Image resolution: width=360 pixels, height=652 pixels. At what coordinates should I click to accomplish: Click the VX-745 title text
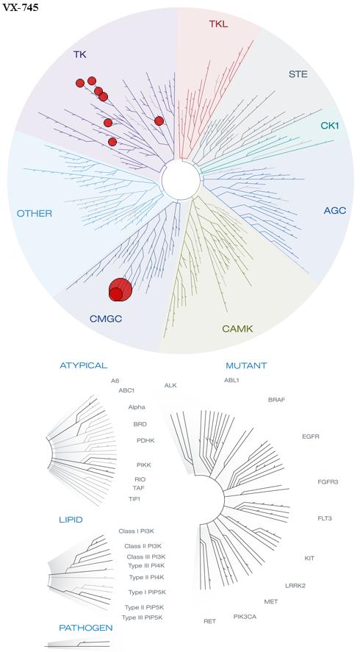pyautogui.click(x=21, y=7)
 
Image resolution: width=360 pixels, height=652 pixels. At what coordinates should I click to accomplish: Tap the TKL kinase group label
pyautogui.click(x=219, y=24)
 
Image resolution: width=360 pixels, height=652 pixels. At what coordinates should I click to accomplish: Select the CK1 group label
pyautogui.click(x=330, y=125)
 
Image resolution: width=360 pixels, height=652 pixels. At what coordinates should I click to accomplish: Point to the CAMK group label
pyautogui.click(x=237, y=329)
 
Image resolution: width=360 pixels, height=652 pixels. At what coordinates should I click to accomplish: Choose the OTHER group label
pyautogui.click(x=35, y=214)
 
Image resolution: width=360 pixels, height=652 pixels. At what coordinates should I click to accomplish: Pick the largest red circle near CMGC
pyautogui.click(x=120, y=289)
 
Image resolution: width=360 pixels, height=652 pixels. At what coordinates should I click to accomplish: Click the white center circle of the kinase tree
pyautogui.click(x=181, y=179)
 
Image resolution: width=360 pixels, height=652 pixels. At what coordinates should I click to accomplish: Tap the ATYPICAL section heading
pyautogui.click(x=84, y=365)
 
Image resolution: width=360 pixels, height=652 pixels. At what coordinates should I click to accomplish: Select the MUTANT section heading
pyautogui.click(x=246, y=366)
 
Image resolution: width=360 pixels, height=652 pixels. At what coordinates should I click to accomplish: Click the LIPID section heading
pyautogui.click(x=71, y=520)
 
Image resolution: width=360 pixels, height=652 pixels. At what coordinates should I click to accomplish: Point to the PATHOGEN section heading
pyautogui.click(x=86, y=628)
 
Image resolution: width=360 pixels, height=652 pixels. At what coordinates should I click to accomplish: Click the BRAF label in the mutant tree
pyautogui.click(x=277, y=400)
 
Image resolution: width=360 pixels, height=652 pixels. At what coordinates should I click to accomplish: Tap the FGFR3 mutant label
pyautogui.click(x=328, y=482)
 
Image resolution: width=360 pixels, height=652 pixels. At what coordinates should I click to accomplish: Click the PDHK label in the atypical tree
pyautogui.click(x=145, y=440)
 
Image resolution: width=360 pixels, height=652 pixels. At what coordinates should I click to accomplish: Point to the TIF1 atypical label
pyautogui.click(x=134, y=498)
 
